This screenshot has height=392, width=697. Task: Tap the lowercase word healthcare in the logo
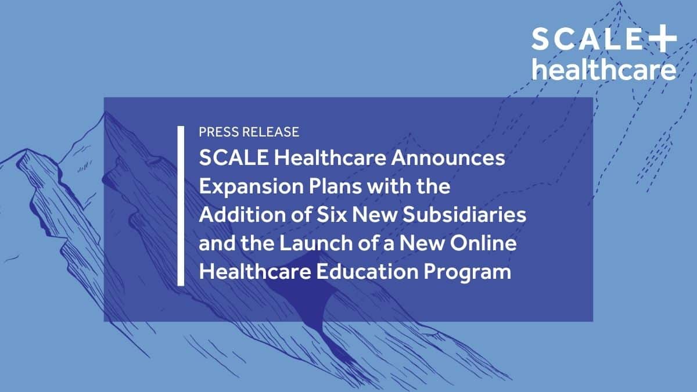604,70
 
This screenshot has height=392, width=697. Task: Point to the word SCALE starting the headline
227,159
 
